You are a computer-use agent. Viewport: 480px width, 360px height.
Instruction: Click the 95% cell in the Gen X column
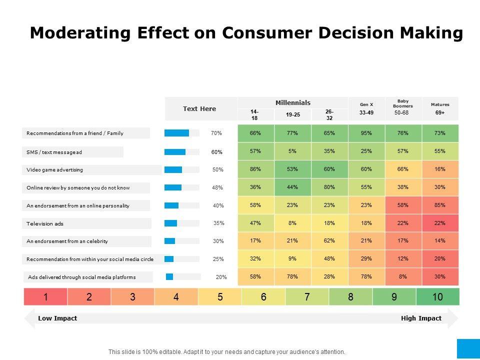click(x=366, y=133)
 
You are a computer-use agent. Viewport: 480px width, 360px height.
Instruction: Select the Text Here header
click(x=199, y=109)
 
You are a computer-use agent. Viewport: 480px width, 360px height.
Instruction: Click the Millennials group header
click(x=293, y=102)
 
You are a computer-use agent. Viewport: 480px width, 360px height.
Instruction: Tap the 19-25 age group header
click(x=293, y=115)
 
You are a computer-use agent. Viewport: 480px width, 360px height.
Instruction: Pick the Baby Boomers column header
click(x=403, y=103)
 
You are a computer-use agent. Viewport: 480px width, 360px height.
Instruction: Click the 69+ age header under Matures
click(x=440, y=113)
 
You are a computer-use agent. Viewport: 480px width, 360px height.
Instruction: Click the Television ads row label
click(x=45, y=223)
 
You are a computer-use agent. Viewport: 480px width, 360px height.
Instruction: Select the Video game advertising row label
click(x=55, y=170)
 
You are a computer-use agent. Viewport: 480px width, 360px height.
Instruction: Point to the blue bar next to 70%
click(x=176, y=133)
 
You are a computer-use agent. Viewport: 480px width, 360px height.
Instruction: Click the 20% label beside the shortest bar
click(x=221, y=277)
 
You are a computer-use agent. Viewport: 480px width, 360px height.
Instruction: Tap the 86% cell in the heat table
click(x=255, y=169)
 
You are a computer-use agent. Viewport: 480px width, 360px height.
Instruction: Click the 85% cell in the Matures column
click(x=440, y=205)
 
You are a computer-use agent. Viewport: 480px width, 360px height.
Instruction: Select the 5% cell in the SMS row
click(x=293, y=151)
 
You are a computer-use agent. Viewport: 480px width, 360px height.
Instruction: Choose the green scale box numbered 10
click(x=437, y=297)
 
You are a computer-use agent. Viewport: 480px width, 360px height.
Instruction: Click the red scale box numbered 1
click(x=45, y=297)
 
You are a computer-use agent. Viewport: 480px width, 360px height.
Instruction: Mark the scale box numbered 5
click(x=220, y=297)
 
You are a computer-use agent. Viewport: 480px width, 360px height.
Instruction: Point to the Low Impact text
click(x=57, y=318)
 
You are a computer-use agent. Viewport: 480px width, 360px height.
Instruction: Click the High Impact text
click(x=421, y=318)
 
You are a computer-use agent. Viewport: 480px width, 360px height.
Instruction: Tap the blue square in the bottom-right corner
click(x=468, y=348)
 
